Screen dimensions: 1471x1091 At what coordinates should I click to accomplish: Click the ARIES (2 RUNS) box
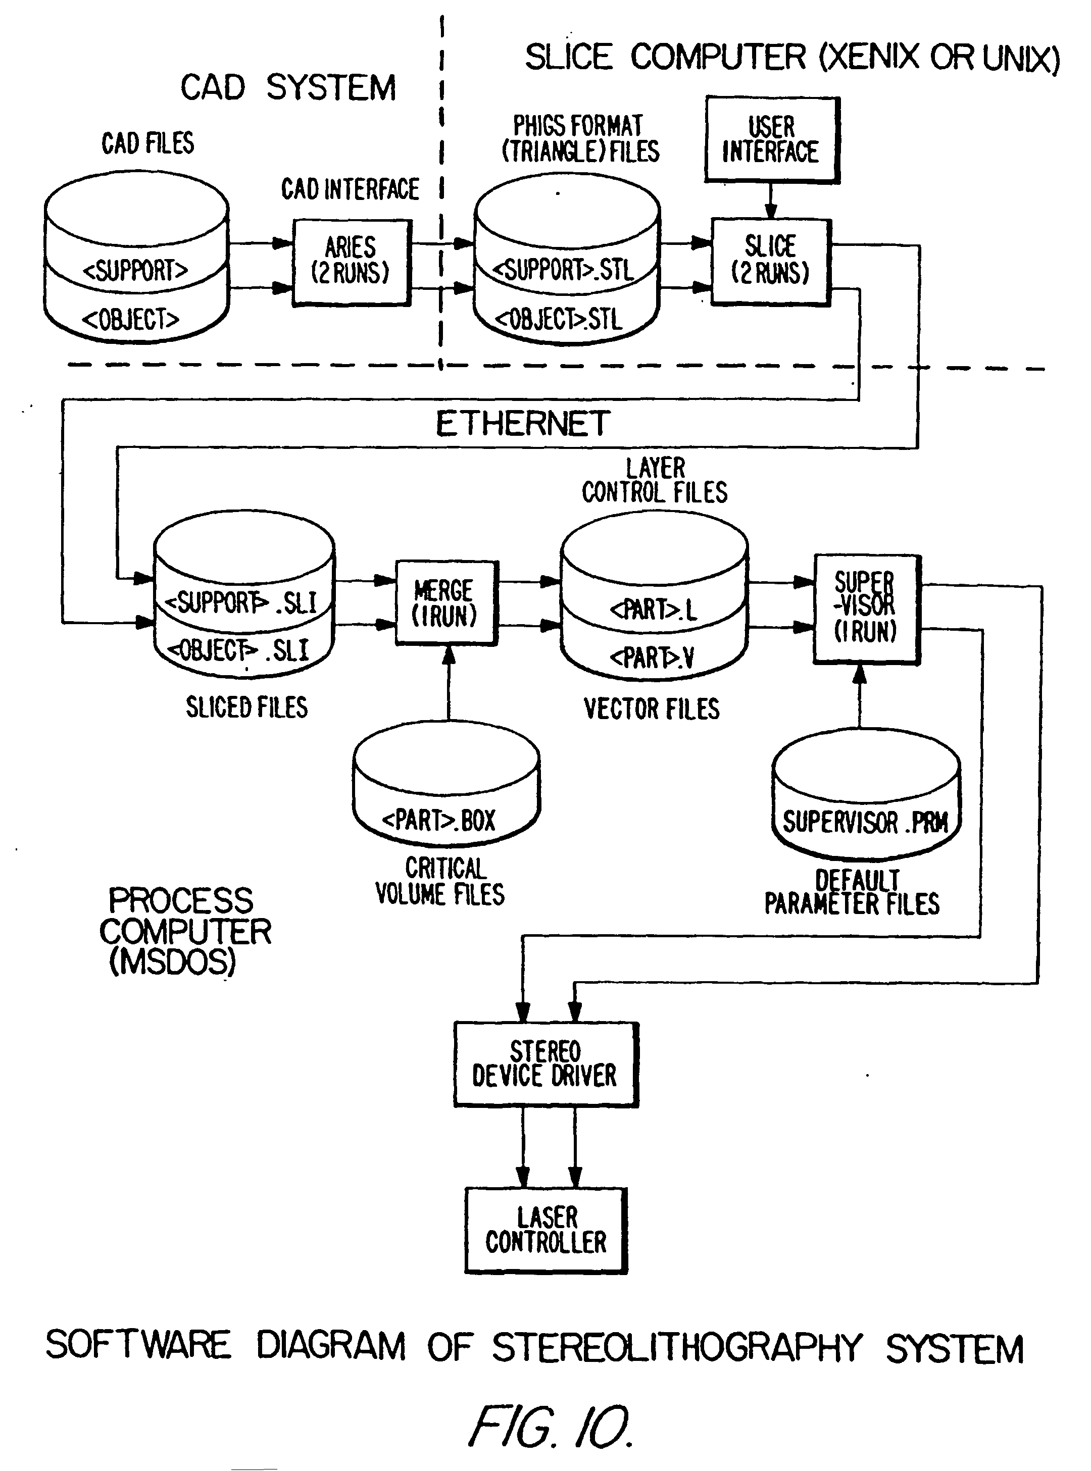352,262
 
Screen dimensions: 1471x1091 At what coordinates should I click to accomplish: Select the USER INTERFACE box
771,140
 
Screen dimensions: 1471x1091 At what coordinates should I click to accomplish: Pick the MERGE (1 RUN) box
446,602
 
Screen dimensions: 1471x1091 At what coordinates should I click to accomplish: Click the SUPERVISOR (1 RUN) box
866,608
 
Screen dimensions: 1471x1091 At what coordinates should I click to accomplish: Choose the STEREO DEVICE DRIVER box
545,1063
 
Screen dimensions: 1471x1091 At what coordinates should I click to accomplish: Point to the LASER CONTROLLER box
546,1229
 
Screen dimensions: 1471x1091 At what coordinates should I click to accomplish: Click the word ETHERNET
522,424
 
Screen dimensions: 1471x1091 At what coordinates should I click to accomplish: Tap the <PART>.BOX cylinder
446,786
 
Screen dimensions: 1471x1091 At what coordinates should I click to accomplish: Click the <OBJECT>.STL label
559,320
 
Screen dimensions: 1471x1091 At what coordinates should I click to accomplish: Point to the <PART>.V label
652,657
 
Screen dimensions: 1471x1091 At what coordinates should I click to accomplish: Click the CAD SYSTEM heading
288,88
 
